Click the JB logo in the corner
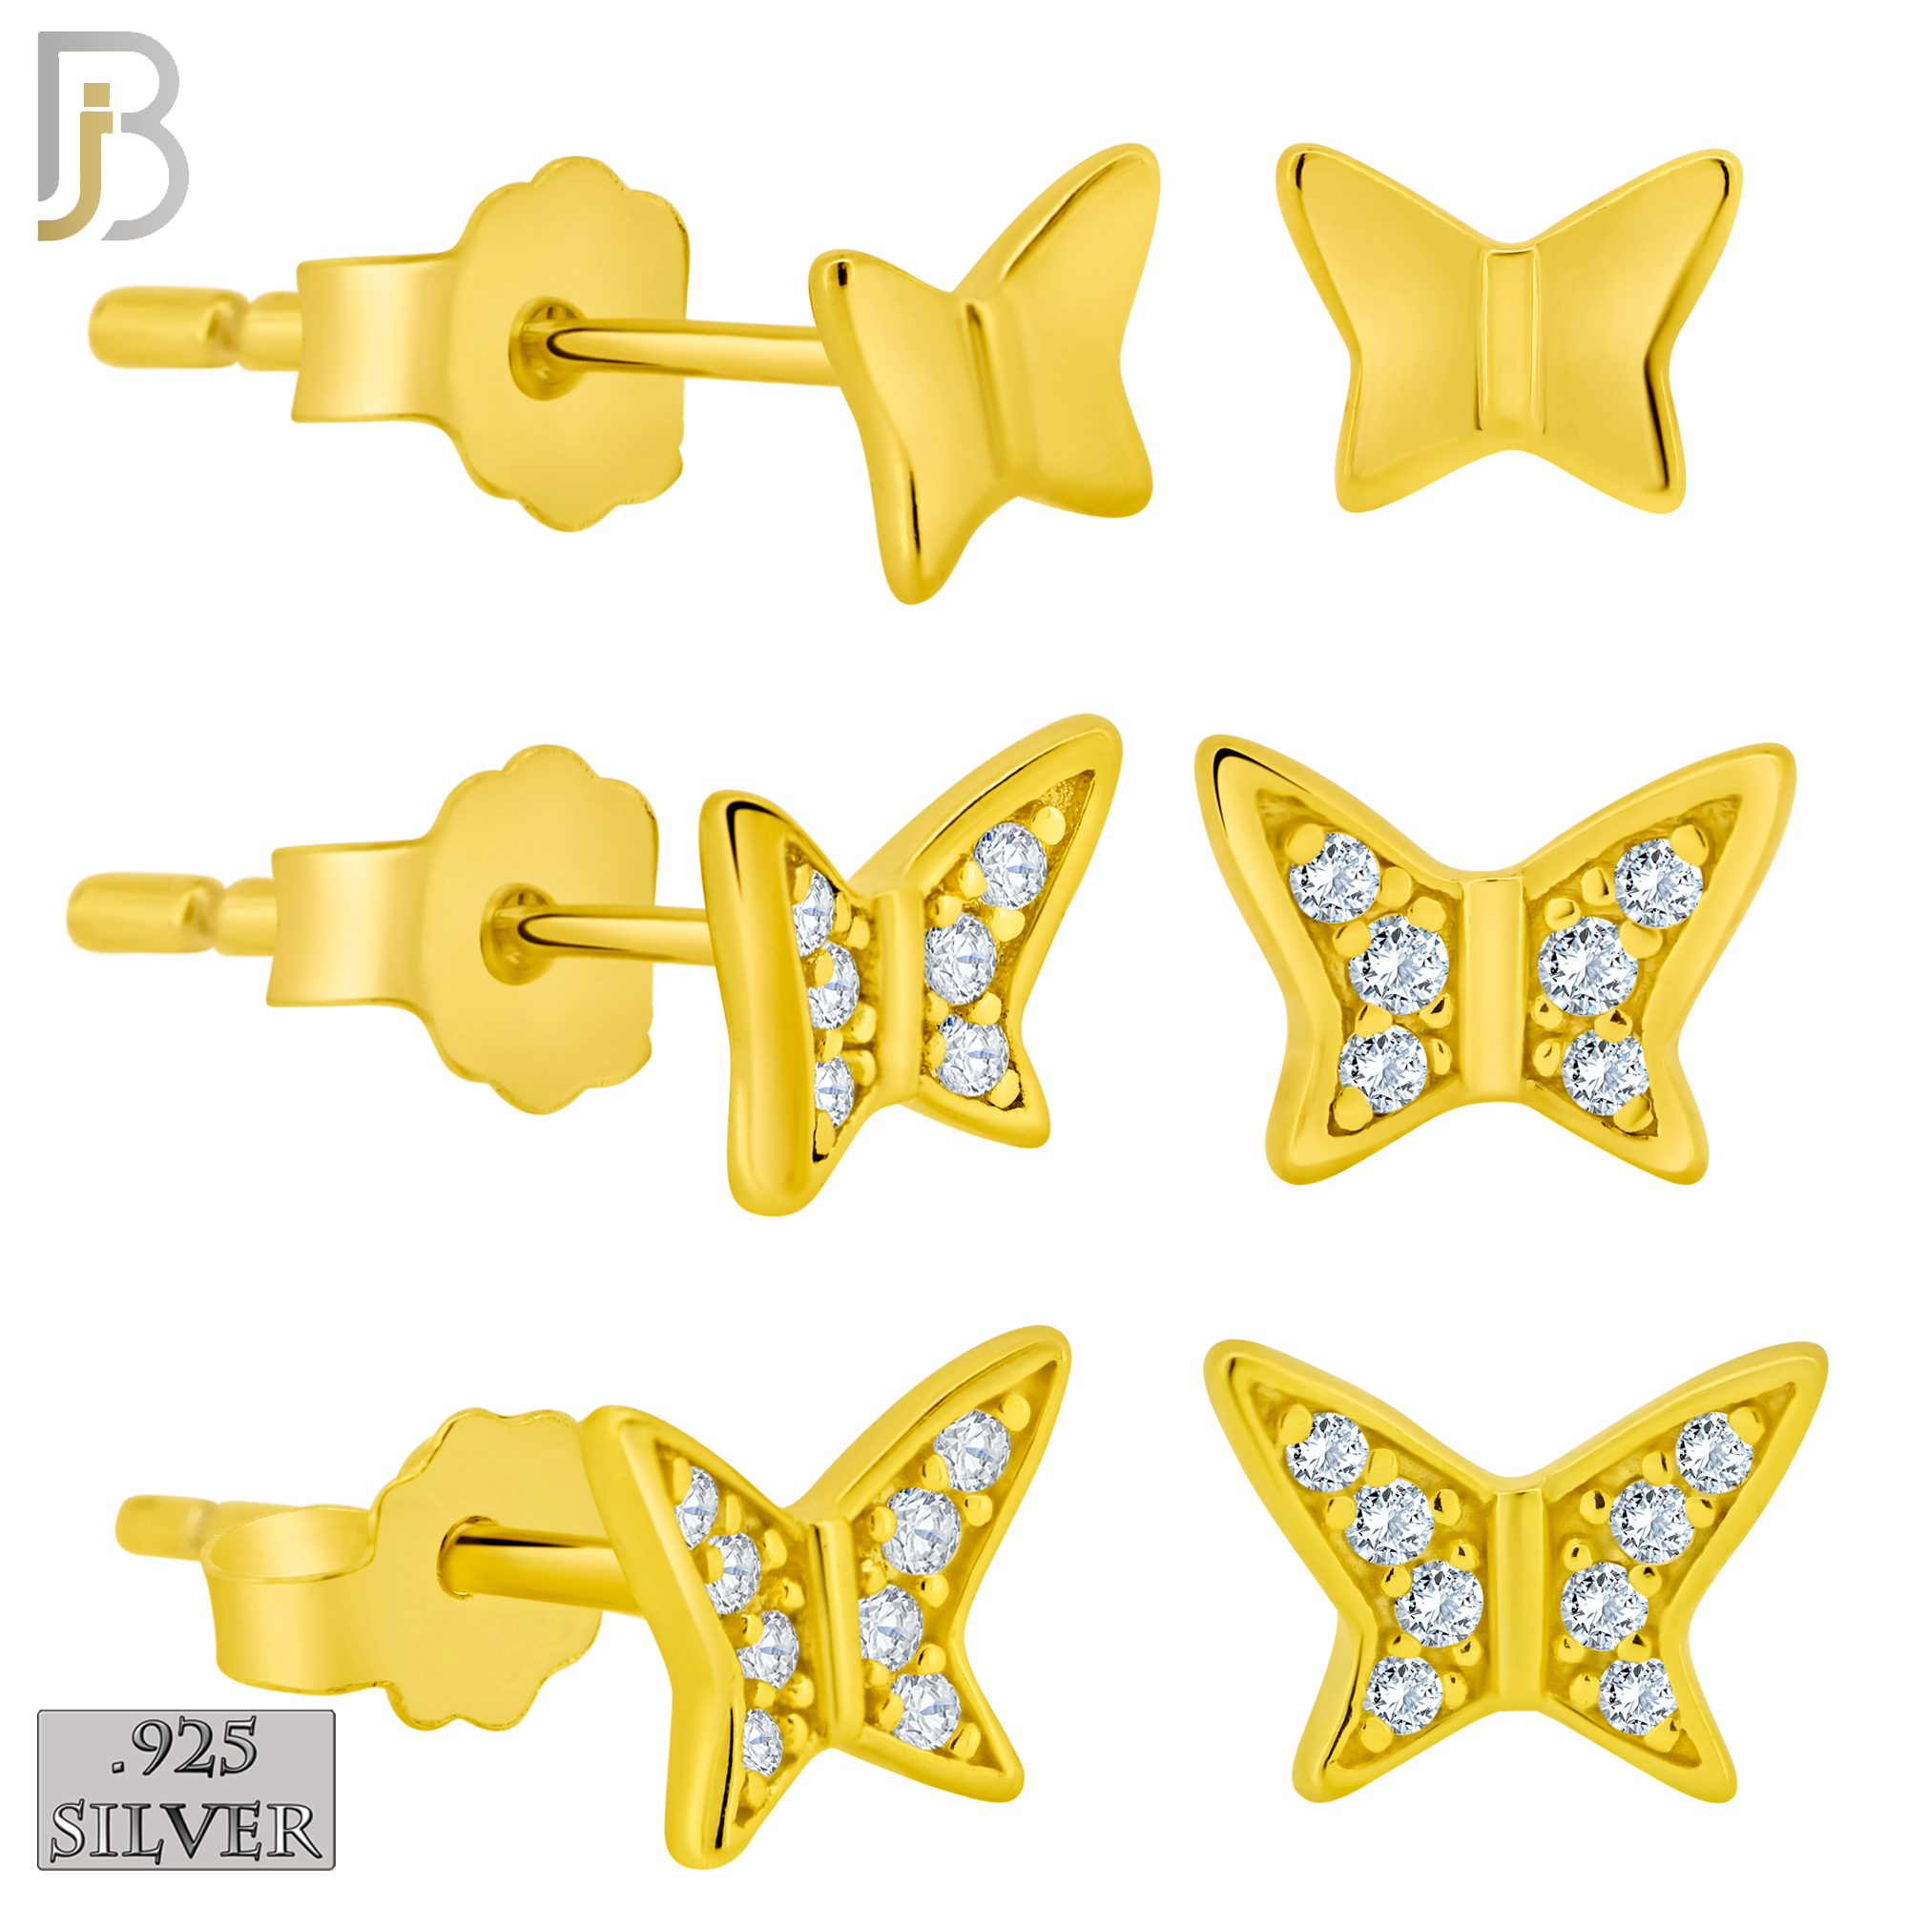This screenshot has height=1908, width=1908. point(113,136)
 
